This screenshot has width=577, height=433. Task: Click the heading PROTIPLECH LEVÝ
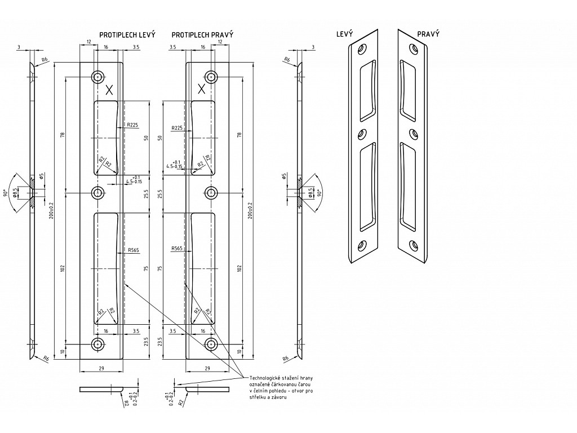(x=127, y=35)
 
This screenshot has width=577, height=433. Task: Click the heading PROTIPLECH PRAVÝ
(x=202, y=35)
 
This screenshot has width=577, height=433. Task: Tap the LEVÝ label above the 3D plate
(x=344, y=34)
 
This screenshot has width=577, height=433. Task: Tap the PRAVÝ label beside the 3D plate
(x=428, y=34)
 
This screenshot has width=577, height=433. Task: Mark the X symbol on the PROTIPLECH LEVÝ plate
(x=109, y=89)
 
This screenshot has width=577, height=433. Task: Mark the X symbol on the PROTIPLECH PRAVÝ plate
(x=201, y=89)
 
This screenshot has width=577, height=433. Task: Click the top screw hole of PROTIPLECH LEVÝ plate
(x=99, y=77)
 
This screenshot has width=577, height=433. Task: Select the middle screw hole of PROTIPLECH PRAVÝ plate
(x=211, y=193)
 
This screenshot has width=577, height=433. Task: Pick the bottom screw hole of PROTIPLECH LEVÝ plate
(x=99, y=344)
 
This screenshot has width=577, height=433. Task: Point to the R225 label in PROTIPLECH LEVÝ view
(x=132, y=125)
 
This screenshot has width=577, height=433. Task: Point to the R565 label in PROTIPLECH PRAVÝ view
(x=177, y=249)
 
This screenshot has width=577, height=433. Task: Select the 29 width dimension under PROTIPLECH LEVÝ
(x=100, y=368)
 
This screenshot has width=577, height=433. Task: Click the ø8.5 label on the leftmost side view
(x=23, y=193)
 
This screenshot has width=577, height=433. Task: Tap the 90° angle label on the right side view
(x=319, y=193)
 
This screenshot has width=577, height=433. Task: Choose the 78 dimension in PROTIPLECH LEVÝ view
(x=63, y=135)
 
